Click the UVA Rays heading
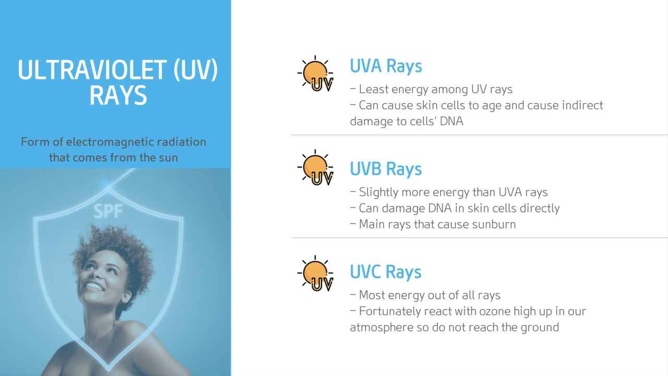(x=386, y=66)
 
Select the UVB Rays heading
(x=386, y=169)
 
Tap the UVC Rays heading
(x=386, y=272)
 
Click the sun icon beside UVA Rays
(x=315, y=74)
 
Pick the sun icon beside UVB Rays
(x=315, y=168)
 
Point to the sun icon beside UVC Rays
(x=315, y=273)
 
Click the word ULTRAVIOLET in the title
(x=92, y=70)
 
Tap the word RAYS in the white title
(x=118, y=96)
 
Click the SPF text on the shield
(x=108, y=211)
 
